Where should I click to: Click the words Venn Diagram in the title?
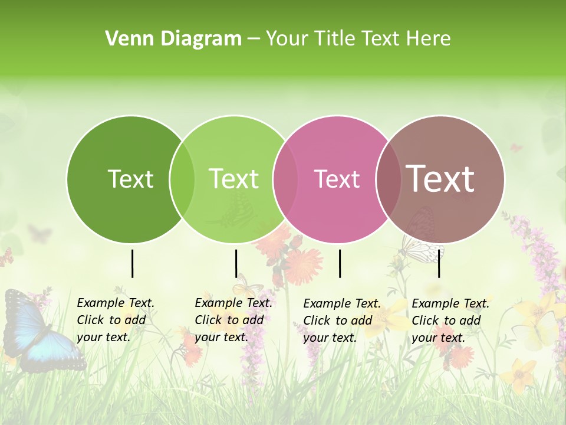pyautogui.click(x=173, y=39)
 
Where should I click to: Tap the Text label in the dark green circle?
pyautogui.click(x=130, y=179)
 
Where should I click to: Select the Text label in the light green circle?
pyautogui.click(x=234, y=179)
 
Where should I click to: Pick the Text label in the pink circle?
pyautogui.click(x=337, y=179)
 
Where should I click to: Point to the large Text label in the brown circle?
pyautogui.click(x=440, y=179)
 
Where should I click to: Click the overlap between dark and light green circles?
pyautogui.click(x=182, y=179)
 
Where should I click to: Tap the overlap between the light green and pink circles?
pyautogui.click(x=285, y=179)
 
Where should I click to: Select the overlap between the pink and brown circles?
pyautogui.click(x=389, y=179)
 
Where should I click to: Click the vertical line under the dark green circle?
pyautogui.click(x=133, y=263)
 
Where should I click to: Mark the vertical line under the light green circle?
pyautogui.click(x=236, y=263)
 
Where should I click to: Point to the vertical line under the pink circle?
pyautogui.click(x=340, y=263)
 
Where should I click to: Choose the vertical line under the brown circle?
pyautogui.click(x=439, y=263)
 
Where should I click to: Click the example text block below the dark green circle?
pyautogui.click(x=116, y=320)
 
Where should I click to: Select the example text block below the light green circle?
pyautogui.click(x=233, y=320)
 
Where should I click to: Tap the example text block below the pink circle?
pyautogui.click(x=342, y=321)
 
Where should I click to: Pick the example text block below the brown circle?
pyautogui.click(x=450, y=321)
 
